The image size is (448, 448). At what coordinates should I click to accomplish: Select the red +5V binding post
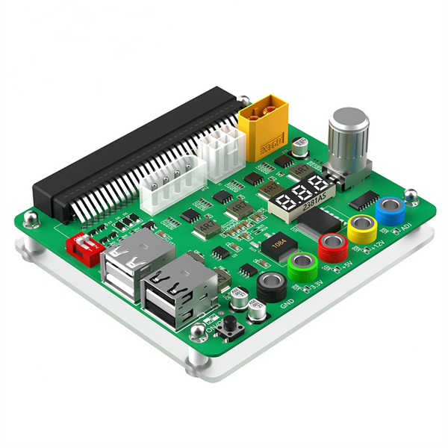click(332, 245)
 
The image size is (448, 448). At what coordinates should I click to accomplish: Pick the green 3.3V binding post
click(302, 265)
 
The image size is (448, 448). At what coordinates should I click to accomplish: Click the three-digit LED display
click(301, 193)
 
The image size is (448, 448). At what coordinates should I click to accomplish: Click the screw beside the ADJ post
click(410, 196)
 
